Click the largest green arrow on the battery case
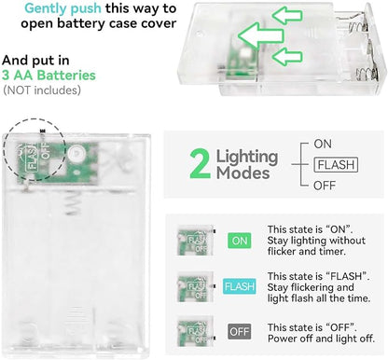tap(260, 35)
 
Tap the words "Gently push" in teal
tap(62, 8)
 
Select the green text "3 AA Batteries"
tap(48, 76)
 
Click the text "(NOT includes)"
tap(42, 90)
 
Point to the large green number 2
tap(200, 164)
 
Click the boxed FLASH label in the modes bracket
tap(336, 165)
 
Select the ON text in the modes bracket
tap(323, 144)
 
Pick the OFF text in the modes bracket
tap(325, 186)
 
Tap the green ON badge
tap(240, 241)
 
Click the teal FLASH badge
tap(240, 286)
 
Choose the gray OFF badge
tap(240, 332)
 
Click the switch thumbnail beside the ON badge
tap(195, 240)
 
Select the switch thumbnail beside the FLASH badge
tap(195, 286)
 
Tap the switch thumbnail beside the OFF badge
tap(195, 331)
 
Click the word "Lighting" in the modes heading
tap(247, 157)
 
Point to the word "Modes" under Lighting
tap(243, 173)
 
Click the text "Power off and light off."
tap(321, 339)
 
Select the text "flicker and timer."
tap(307, 251)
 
